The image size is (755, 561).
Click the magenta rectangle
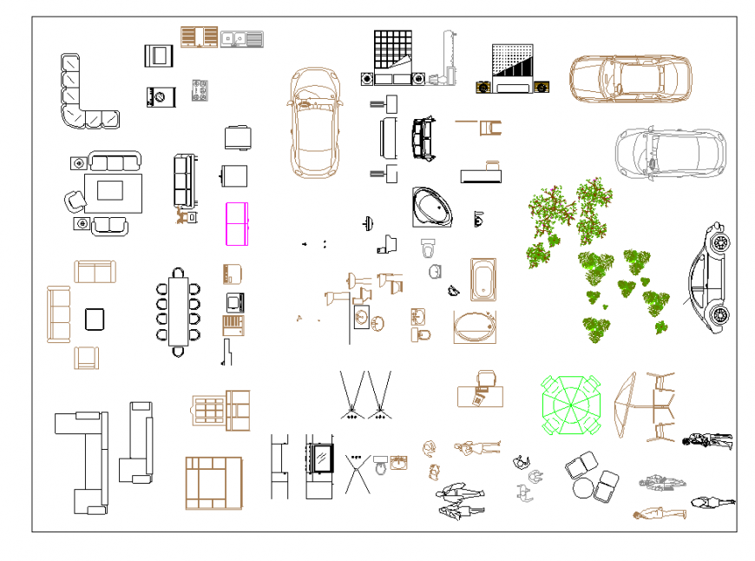click(x=237, y=223)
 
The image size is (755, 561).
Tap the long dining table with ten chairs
click(x=179, y=311)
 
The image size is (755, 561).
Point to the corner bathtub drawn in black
click(x=432, y=207)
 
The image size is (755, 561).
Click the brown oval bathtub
click(x=475, y=327)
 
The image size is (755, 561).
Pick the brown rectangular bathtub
click(x=483, y=278)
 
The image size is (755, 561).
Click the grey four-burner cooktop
click(x=200, y=91)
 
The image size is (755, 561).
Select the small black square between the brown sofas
click(x=95, y=319)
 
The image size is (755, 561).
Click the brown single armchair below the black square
click(x=87, y=358)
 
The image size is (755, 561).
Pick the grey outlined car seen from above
click(x=669, y=154)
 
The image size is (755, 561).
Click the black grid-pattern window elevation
click(x=392, y=50)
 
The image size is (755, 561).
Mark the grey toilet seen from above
click(x=427, y=249)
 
